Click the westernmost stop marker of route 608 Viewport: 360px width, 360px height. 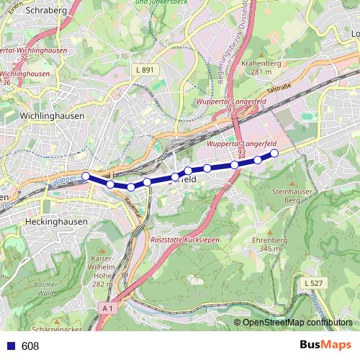86,176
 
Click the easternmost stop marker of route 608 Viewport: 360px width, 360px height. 274,153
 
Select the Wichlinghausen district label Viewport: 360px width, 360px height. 53,114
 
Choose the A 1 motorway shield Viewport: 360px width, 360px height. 107,308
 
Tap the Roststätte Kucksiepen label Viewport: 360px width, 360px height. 183,238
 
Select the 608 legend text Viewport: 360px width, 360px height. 30,346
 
